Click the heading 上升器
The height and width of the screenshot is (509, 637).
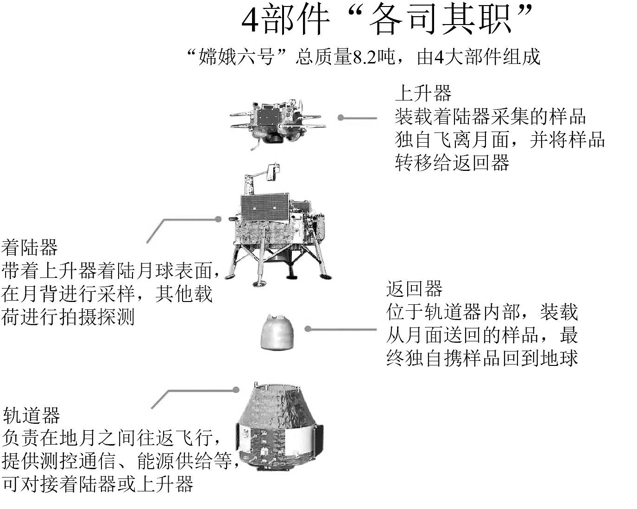pos(423,93)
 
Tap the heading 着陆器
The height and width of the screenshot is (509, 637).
pos(29,247)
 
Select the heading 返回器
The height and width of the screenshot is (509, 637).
pos(414,289)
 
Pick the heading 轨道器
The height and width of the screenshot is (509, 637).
pos(31,415)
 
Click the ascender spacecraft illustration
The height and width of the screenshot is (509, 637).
pos(278,124)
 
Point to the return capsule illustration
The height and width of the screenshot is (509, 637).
pos(277,332)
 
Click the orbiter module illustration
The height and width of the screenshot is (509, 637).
pos(279,427)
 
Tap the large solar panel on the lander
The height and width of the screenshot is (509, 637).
pos(265,208)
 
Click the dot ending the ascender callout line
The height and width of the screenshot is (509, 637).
pos(341,118)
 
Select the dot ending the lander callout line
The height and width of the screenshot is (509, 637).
pos(218,219)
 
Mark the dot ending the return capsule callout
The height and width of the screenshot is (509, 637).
pos(308,329)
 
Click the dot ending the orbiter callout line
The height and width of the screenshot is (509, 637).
pos(236,390)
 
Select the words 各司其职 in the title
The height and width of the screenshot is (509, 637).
pos(441,20)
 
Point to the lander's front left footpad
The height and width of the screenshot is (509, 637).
pos(259,283)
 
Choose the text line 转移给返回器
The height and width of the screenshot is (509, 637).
pos(452,163)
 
